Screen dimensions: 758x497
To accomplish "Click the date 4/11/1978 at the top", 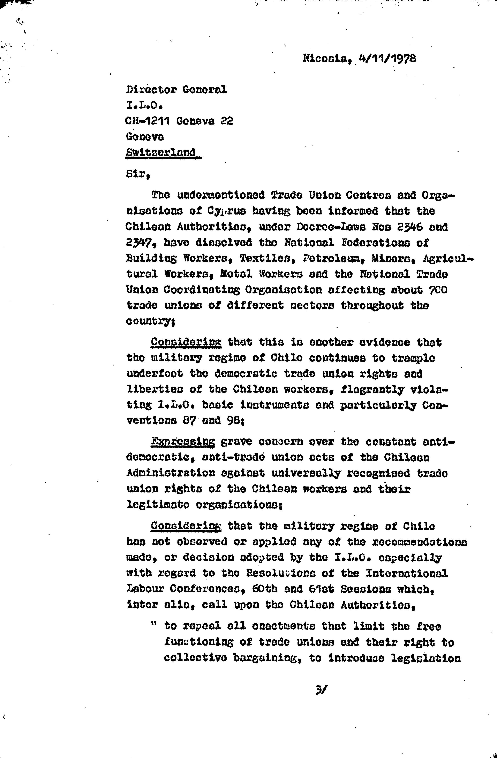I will tap(387, 59).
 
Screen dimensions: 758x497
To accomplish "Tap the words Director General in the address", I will tap(177, 90).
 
